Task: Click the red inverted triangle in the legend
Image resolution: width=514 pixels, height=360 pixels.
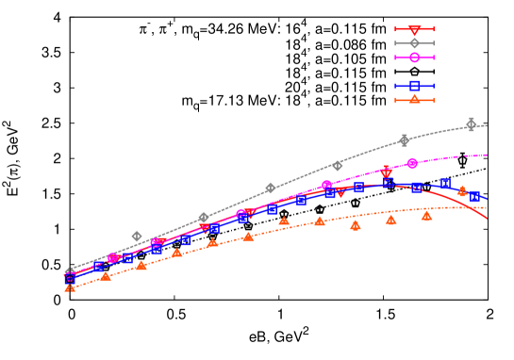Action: pyautogui.click(x=414, y=30)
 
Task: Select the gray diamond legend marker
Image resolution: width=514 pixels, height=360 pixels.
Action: pyautogui.click(x=414, y=43)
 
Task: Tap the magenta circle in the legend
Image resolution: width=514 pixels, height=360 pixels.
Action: pyautogui.click(x=414, y=57)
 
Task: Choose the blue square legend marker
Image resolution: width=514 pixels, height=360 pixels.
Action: pyautogui.click(x=414, y=86)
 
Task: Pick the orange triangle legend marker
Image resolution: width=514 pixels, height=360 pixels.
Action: pyautogui.click(x=414, y=99)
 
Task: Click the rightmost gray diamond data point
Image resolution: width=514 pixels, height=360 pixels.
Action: pyautogui.click(x=472, y=124)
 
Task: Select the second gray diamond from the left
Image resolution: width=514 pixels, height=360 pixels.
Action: pyautogui.click(x=137, y=236)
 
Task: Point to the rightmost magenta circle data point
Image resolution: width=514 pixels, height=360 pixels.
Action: pyautogui.click(x=412, y=163)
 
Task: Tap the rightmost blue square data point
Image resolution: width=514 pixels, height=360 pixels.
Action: pyautogui.click(x=474, y=197)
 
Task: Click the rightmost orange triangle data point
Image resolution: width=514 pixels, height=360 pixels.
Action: pyautogui.click(x=462, y=190)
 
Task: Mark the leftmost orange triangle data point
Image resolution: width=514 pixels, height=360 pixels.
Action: pyautogui.click(x=70, y=286)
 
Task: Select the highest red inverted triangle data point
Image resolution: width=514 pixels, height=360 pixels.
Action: pyautogui.click(x=386, y=173)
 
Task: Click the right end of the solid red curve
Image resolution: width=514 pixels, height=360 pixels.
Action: pyautogui.click(x=488, y=219)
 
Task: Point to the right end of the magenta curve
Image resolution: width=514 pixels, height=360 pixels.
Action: pyautogui.click(x=488, y=155)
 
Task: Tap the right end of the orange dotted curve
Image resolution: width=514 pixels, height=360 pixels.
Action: pyautogui.click(x=488, y=207)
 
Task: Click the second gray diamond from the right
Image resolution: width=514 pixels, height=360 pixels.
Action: pyautogui.click(x=404, y=139)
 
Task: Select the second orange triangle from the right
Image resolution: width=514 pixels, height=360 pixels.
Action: pyautogui.click(x=426, y=215)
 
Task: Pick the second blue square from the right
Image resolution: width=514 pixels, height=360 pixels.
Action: pyautogui.click(x=445, y=184)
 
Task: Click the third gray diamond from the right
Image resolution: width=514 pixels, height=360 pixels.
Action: pyautogui.click(x=337, y=165)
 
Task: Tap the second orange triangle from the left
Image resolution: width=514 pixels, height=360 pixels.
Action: pyautogui.click(x=105, y=275)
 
